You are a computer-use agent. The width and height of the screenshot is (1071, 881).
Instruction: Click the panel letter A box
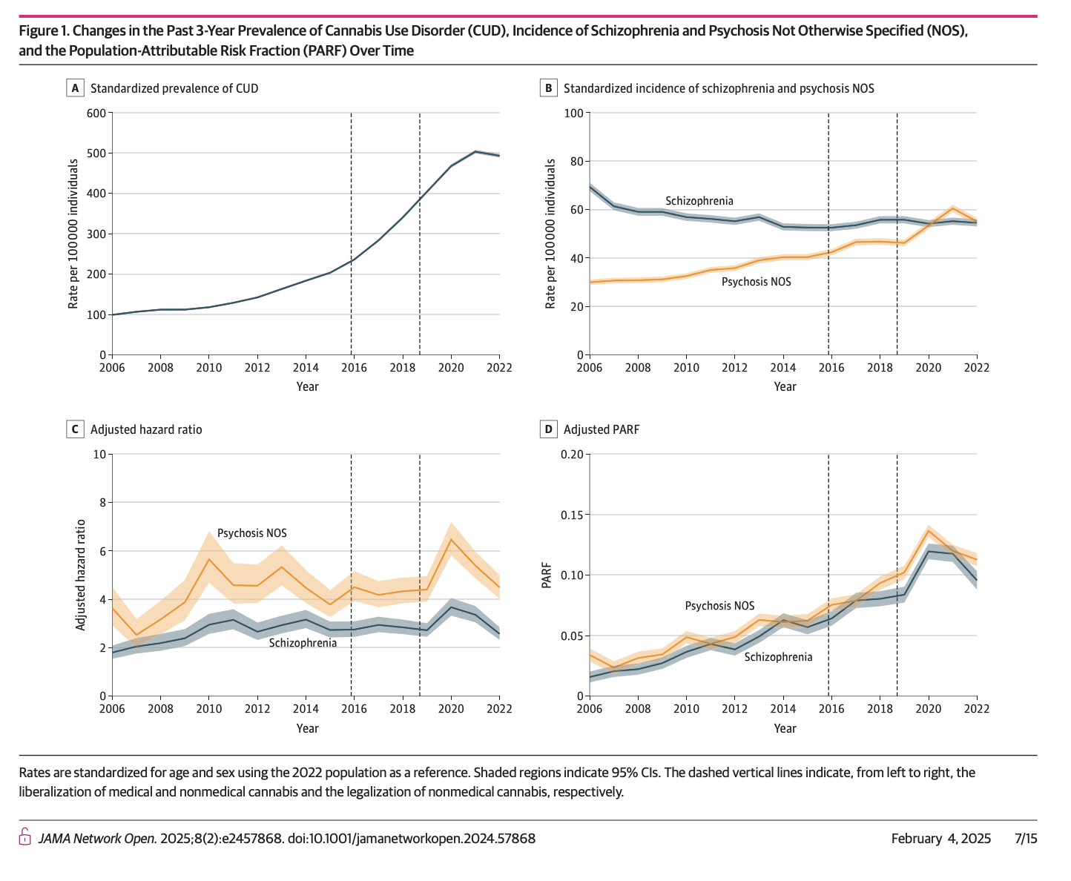point(74,88)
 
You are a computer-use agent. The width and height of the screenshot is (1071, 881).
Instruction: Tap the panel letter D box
point(548,429)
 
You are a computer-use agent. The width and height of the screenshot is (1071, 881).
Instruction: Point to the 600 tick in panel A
point(96,113)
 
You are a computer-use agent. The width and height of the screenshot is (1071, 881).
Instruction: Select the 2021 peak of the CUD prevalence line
point(475,151)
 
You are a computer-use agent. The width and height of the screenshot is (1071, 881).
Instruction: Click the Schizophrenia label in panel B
point(699,201)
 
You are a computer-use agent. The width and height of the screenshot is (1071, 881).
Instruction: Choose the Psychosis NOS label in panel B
point(756,282)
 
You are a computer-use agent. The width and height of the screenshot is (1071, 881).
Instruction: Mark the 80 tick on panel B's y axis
point(574,162)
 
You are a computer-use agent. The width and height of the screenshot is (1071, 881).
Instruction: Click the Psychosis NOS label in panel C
point(251,533)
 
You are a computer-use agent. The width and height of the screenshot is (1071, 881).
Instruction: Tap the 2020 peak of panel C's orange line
point(450,539)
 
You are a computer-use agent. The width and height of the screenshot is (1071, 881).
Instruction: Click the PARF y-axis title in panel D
point(547,575)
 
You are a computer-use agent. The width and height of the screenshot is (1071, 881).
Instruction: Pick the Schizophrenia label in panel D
point(778,657)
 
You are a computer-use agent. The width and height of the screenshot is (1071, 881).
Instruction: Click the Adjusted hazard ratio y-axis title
point(81,575)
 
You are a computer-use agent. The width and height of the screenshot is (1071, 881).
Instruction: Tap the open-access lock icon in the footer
point(24,839)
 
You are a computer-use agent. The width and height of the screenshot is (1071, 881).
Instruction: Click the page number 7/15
point(1026,839)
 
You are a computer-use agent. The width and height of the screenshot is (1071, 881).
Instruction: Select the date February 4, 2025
point(940,839)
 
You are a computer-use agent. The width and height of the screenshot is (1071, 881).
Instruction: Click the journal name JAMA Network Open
point(97,839)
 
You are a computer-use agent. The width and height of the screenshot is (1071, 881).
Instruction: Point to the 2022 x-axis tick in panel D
point(976,708)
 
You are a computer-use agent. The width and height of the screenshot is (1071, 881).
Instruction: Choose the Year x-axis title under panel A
point(307,386)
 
